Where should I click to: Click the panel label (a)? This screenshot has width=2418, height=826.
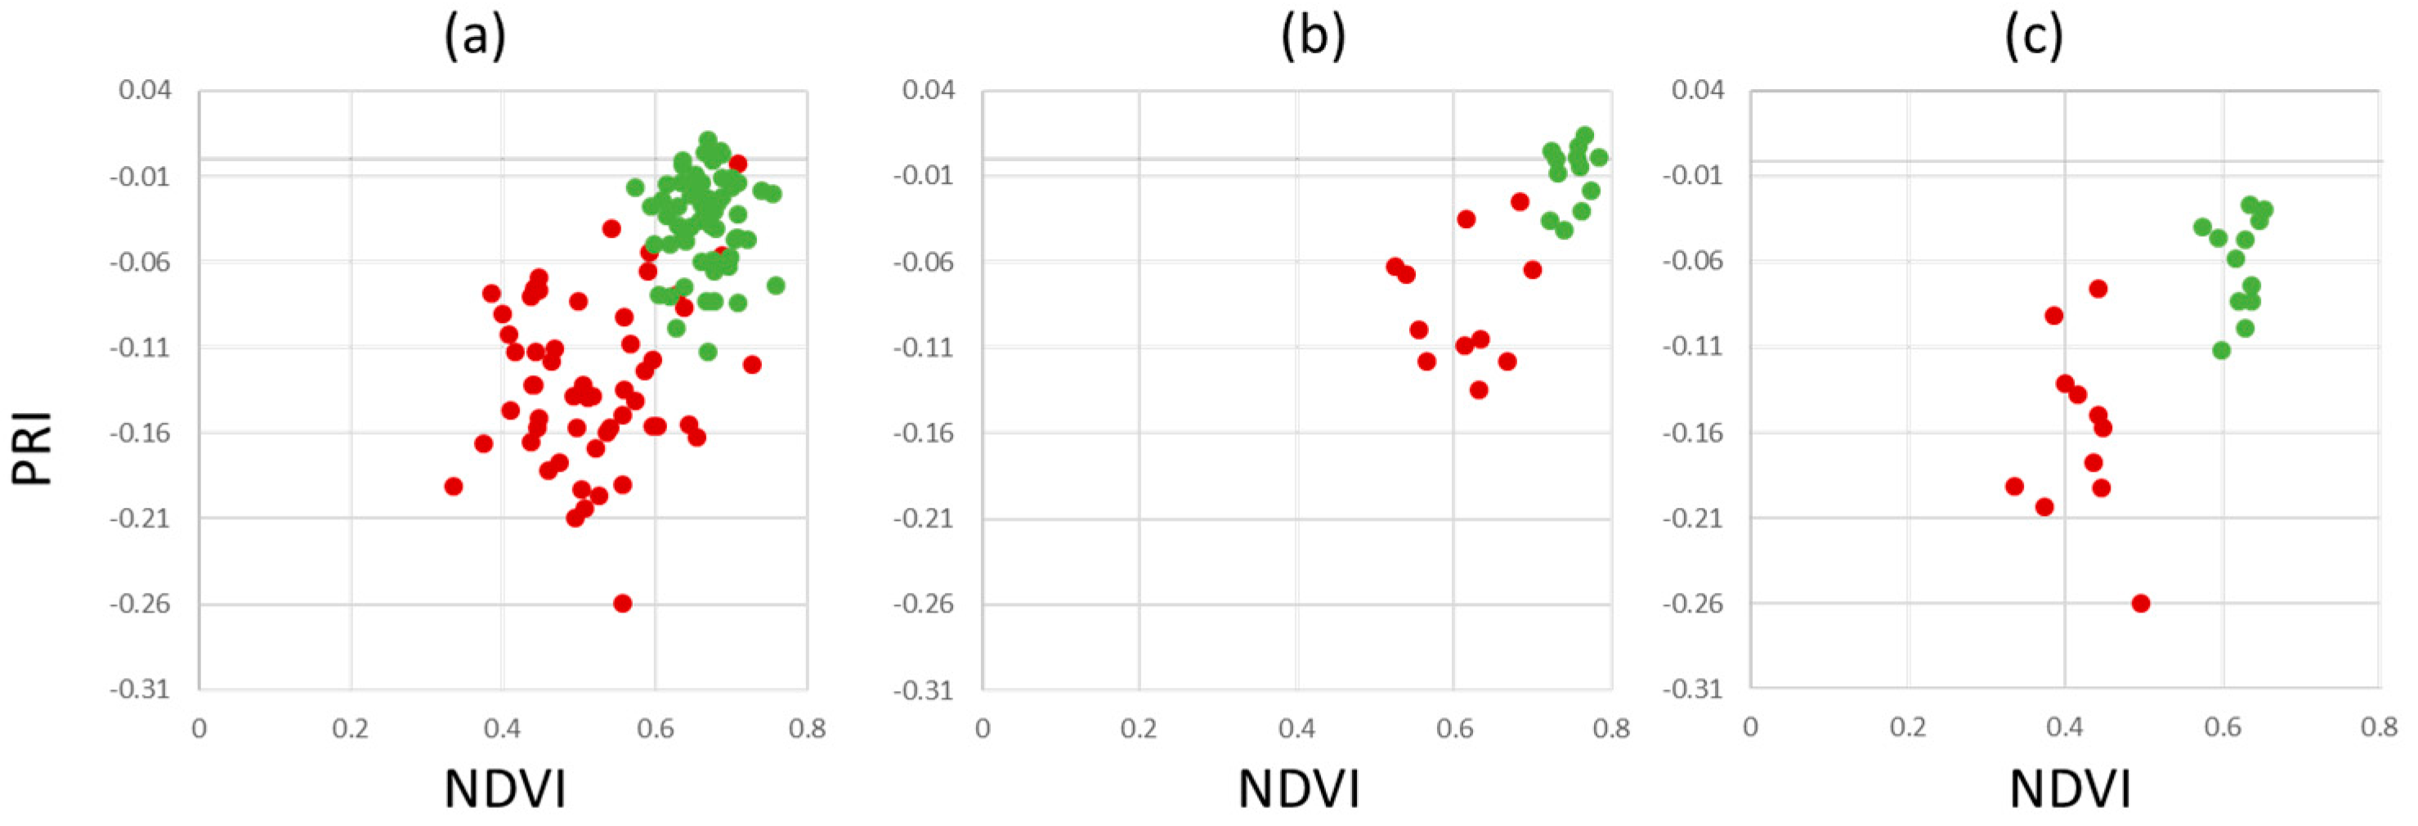tap(474, 38)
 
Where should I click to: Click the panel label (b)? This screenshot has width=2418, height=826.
tap(1312, 38)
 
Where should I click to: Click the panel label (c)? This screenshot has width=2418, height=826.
tap(2033, 38)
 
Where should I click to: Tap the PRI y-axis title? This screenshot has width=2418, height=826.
tap(33, 449)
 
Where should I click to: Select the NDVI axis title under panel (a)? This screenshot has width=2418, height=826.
tap(505, 788)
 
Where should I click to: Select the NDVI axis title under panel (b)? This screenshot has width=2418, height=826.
tap(1298, 788)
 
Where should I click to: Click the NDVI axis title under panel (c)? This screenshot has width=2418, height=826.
tap(2069, 788)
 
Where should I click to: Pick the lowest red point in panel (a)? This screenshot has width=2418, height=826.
tap(622, 604)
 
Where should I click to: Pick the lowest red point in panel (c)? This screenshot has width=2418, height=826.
tap(2141, 604)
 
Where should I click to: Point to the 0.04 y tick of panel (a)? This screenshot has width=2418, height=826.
tap(145, 91)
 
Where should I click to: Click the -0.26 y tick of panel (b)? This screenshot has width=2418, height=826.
tap(923, 604)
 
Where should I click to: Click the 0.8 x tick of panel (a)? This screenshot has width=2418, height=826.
tap(806, 729)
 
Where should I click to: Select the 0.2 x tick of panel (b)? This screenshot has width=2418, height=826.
tap(1139, 729)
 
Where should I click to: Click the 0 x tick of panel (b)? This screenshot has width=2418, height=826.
tap(982, 729)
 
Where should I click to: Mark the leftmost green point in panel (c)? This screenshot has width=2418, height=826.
tap(2203, 227)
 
